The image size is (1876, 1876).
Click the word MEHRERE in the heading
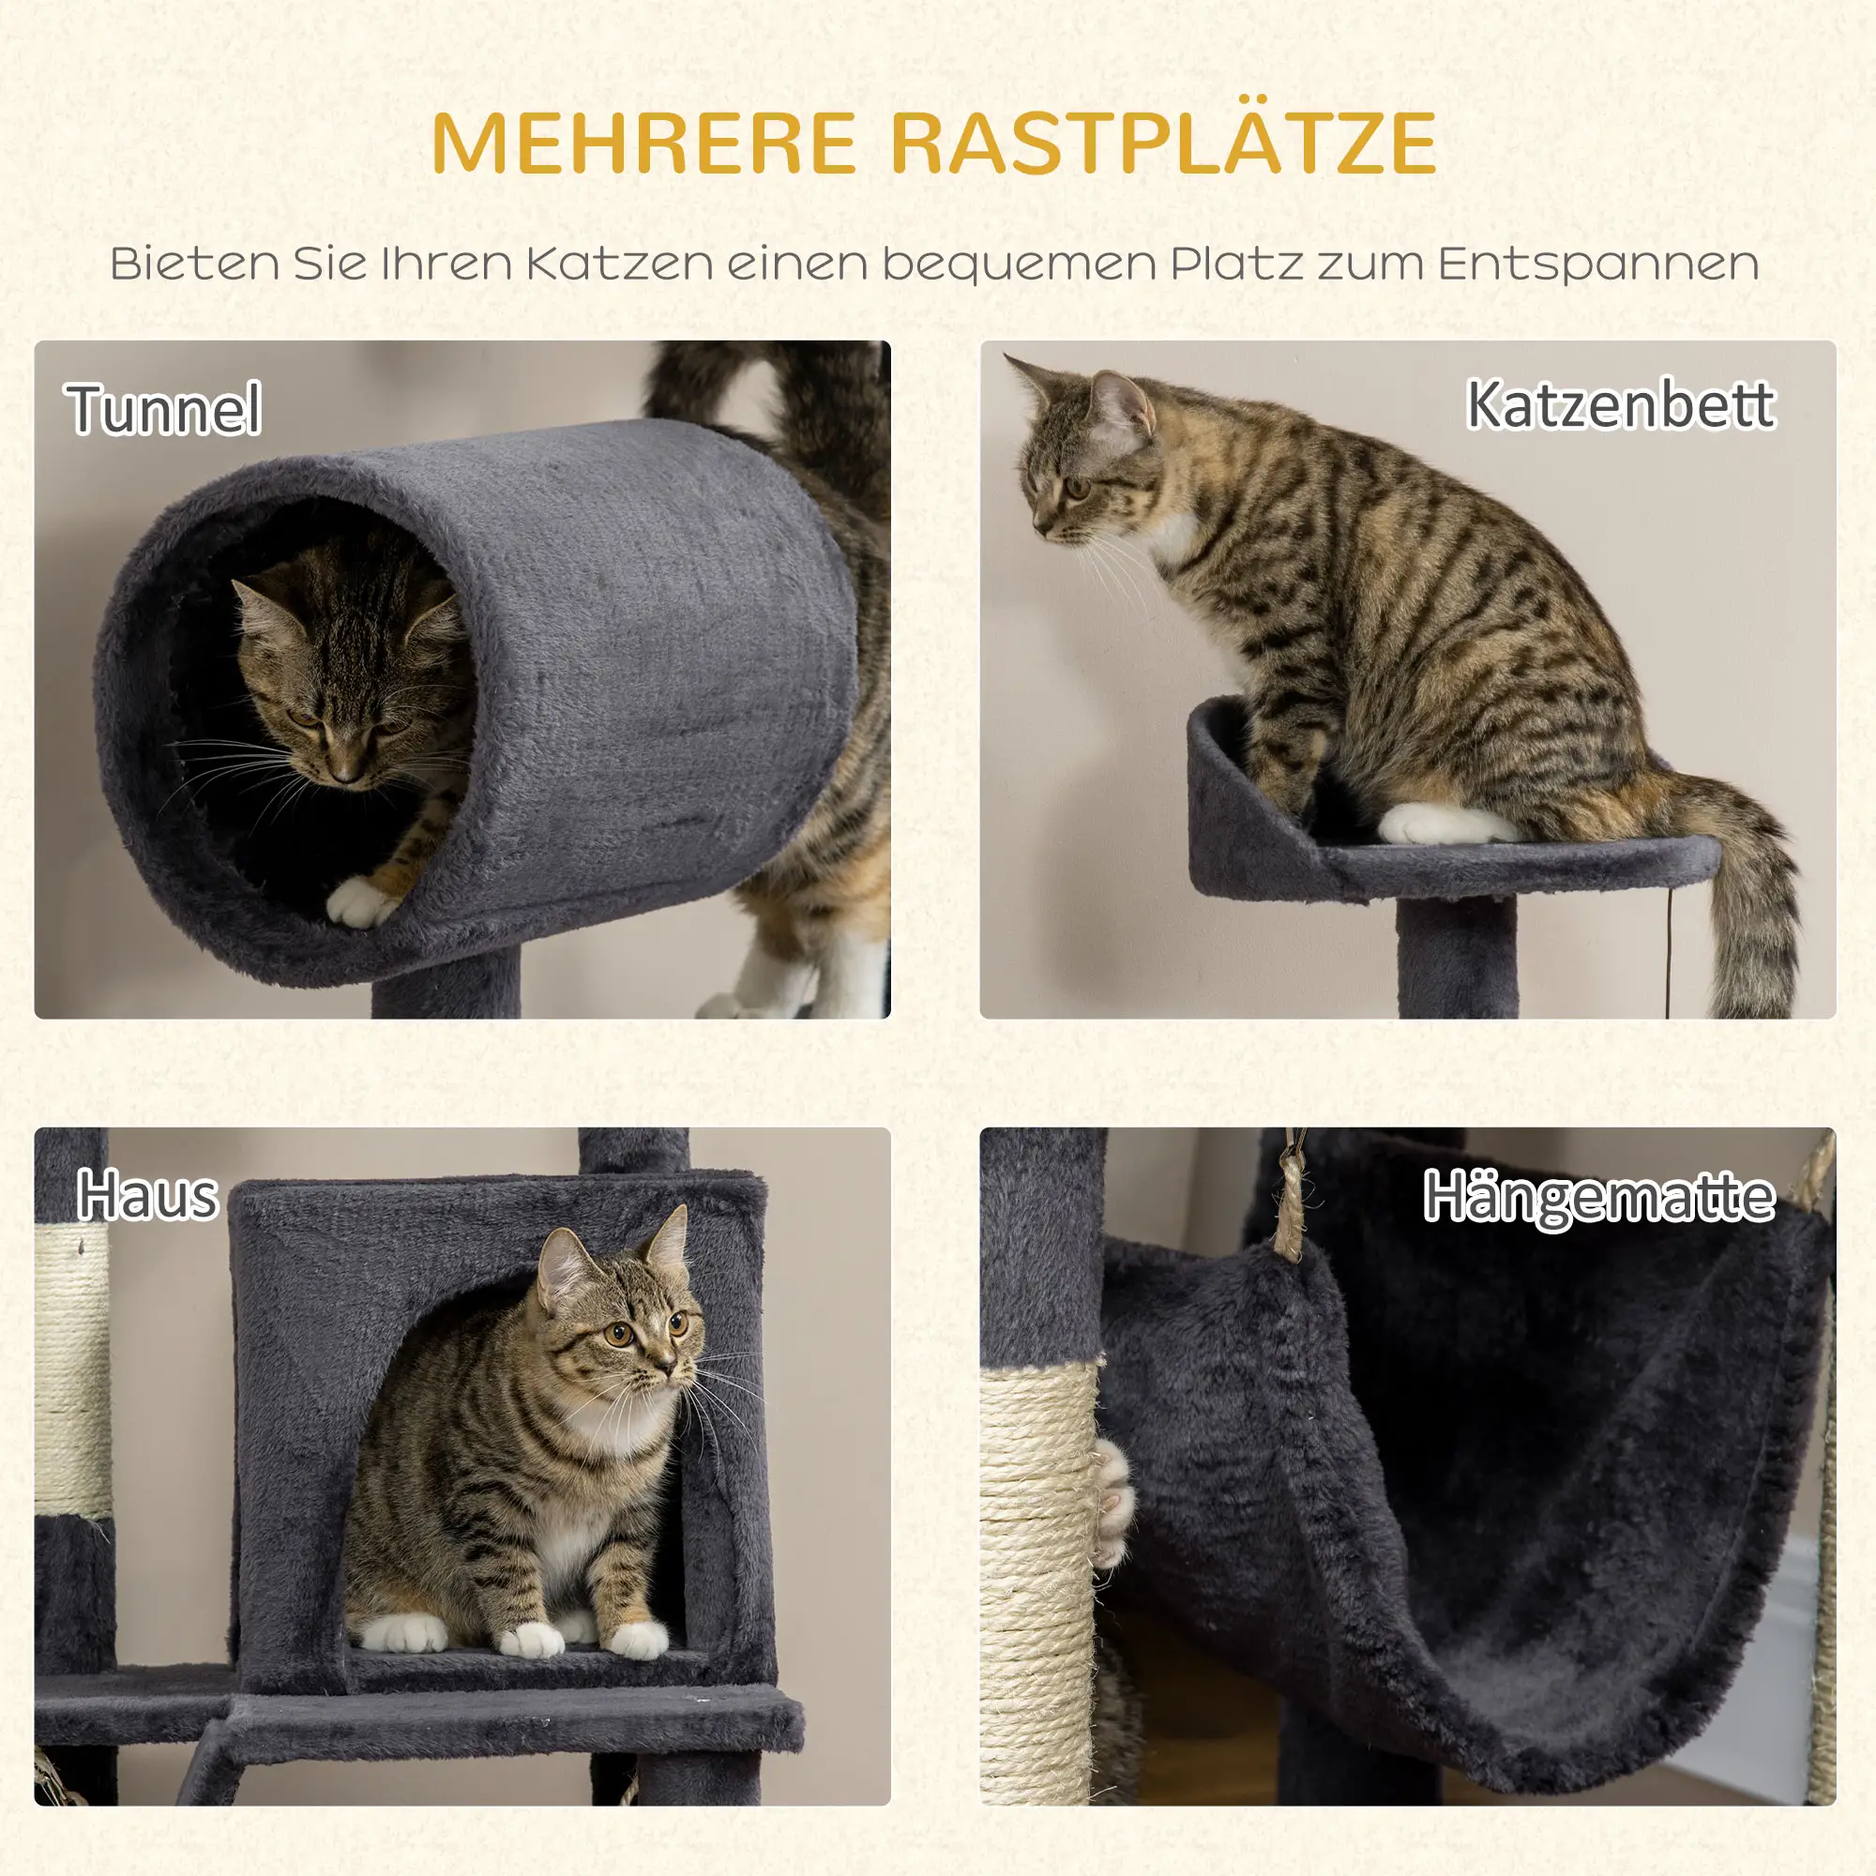642,144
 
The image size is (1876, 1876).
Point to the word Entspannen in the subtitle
1597,265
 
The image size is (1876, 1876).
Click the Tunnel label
163,409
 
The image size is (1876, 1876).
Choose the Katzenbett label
1620,405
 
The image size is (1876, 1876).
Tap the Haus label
147,1195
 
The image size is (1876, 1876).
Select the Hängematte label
1598,1197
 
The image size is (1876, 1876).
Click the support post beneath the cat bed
1457,957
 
